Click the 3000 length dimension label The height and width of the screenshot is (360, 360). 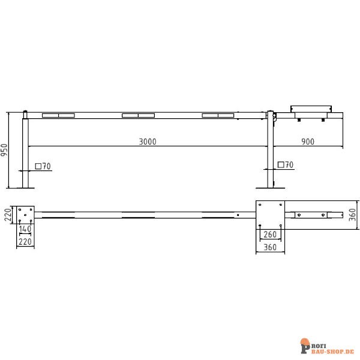pos(147,142)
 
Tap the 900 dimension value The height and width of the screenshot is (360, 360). pos(307,142)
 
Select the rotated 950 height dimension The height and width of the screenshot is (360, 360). pos(4,151)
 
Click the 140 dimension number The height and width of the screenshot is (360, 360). pos(25,229)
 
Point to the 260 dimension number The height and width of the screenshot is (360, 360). pos(270,235)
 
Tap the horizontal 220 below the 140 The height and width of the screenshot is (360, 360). pos(25,242)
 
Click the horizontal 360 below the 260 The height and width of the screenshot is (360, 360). pos(269,247)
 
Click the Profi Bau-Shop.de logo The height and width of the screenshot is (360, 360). pos(326,347)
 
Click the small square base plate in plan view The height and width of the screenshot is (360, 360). pos(25,214)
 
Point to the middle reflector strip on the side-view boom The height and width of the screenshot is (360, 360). pos(138,115)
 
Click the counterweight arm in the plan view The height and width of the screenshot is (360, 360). pos(315,214)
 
